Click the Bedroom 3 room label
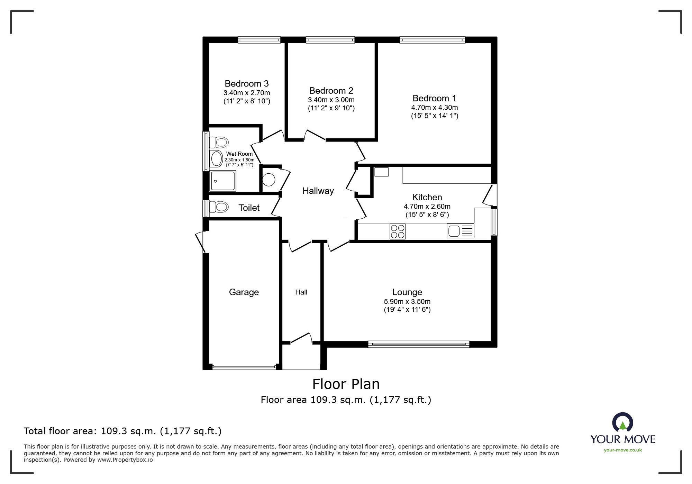247,84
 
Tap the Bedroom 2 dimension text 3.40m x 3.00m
331,100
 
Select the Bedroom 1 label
434,98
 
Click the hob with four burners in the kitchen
398,231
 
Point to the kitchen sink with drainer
461,231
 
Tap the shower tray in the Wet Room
223,181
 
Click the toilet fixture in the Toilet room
219,207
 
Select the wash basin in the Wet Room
217,159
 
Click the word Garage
244,292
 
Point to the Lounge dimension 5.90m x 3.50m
407,302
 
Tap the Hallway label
318,191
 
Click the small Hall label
301,292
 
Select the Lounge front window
419,344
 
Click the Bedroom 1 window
432,40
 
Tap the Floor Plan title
346,384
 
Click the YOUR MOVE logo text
623,439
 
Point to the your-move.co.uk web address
623,450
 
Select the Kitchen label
427,197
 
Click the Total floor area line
122,431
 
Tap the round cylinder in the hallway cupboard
269,180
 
